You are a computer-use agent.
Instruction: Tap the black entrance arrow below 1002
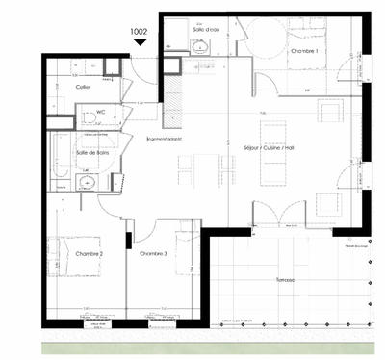point(140,41)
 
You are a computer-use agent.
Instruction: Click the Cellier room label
point(83,87)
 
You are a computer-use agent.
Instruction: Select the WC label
point(98,111)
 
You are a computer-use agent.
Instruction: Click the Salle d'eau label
point(206,31)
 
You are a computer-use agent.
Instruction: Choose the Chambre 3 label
point(154,253)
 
